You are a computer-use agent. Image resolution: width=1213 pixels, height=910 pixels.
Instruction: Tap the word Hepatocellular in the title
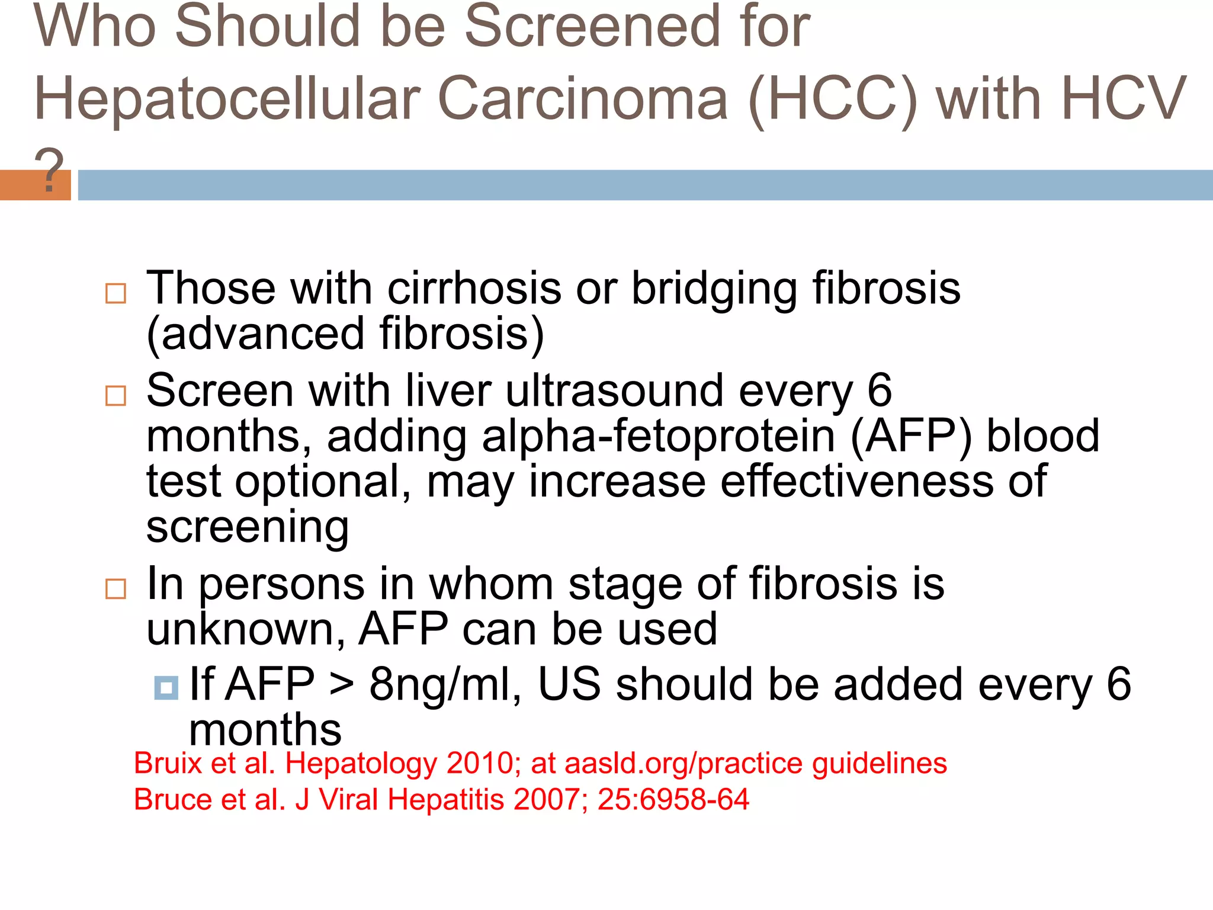(x=227, y=100)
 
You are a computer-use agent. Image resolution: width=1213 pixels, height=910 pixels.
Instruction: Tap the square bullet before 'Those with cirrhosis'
(x=115, y=293)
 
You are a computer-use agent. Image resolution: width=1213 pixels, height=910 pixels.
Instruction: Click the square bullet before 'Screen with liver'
(x=115, y=395)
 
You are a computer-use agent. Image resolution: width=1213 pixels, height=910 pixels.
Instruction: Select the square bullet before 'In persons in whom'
(x=115, y=589)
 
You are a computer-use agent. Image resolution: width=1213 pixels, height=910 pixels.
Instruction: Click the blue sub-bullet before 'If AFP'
(x=166, y=688)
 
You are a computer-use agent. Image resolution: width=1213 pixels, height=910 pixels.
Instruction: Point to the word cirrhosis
(x=474, y=289)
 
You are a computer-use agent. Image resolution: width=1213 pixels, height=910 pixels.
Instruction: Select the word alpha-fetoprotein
(x=658, y=437)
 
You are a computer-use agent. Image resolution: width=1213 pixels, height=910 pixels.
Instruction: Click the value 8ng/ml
(x=444, y=685)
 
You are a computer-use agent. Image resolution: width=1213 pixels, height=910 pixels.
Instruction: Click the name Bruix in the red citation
(x=168, y=763)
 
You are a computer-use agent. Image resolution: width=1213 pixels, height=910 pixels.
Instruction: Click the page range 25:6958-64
(x=673, y=800)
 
